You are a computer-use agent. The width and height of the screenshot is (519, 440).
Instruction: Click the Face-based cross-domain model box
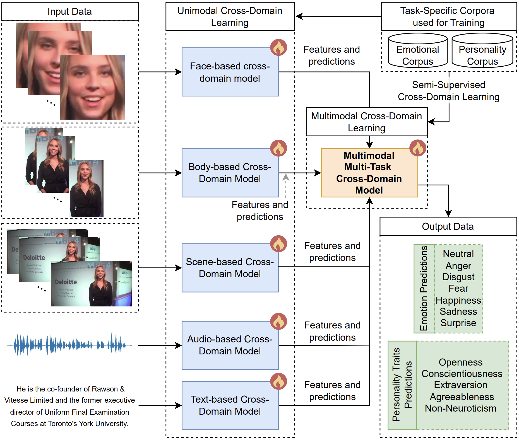[x=230, y=72]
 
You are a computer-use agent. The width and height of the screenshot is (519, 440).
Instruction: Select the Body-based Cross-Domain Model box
[x=230, y=173]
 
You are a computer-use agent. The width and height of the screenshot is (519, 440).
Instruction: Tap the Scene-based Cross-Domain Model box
[x=230, y=268]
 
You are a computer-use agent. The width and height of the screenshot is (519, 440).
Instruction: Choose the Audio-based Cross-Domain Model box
[x=230, y=345]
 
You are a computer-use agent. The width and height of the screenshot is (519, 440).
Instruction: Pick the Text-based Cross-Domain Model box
[x=230, y=405]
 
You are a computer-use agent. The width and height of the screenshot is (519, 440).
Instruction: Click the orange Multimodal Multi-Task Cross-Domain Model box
[x=369, y=173]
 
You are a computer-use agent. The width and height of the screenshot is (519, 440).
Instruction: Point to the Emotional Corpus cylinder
[x=417, y=51]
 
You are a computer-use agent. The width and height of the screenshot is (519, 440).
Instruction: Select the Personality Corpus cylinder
[x=482, y=51]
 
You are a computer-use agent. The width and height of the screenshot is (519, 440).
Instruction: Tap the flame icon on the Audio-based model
[x=278, y=321]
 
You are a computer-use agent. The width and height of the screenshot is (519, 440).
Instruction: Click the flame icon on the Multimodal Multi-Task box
[x=417, y=148]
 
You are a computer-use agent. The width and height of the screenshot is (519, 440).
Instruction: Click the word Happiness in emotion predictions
[x=458, y=300]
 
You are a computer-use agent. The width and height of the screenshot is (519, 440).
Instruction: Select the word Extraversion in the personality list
[x=460, y=385]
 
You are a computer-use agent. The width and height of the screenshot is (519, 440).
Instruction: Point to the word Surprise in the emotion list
[x=458, y=323]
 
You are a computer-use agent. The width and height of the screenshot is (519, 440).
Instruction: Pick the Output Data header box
[x=448, y=226]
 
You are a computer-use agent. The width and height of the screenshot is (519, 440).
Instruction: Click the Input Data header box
[x=70, y=11]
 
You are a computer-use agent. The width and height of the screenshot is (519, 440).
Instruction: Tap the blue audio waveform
[x=69, y=345]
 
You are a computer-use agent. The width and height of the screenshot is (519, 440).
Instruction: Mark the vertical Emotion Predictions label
[x=424, y=288]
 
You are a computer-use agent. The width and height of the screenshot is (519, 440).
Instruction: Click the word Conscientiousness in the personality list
[x=462, y=374]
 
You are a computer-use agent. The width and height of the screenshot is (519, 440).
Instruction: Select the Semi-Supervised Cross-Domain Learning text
[x=448, y=91]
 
